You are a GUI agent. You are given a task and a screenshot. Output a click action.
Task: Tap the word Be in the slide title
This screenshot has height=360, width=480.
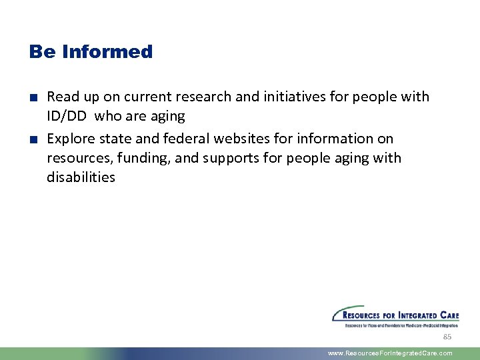[x=43, y=52]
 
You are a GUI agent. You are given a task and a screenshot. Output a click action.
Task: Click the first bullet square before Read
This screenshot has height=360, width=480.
[x=33, y=97]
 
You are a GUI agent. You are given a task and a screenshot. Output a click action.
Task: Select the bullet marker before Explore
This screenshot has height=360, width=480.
[x=33, y=139]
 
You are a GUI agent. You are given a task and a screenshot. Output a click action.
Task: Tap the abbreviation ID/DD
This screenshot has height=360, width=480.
[x=67, y=116]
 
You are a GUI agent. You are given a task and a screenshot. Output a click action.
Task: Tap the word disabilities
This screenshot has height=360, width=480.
[x=81, y=177]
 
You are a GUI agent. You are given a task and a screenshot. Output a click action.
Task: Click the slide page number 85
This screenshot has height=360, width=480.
[x=447, y=337]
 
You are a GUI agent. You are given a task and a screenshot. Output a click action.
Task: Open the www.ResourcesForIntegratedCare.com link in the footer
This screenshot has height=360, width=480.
[x=390, y=353]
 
